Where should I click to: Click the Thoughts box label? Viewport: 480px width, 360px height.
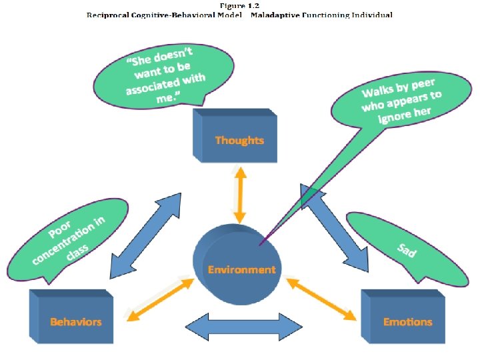(x=239, y=141)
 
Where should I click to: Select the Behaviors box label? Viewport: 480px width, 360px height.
(x=75, y=322)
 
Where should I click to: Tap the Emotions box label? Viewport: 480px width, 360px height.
(x=407, y=322)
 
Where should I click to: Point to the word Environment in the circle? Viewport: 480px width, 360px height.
(x=241, y=270)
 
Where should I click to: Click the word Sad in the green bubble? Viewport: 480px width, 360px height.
(x=407, y=253)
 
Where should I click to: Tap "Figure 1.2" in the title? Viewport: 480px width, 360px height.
(x=239, y=5)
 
